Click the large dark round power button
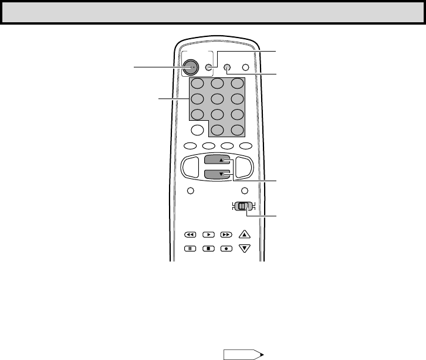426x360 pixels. pyautogui.click(x=191, y=67)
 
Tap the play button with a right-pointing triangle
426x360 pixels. pyautogui.click(x=208, y=234)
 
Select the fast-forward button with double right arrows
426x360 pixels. pyautogui.click(x=226, y=234)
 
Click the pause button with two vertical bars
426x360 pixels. pyautogui.click(x=190, y=248)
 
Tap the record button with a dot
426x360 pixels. pyautogui.click(x=226, y=248)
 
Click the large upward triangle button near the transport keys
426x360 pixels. pyautogui.click(x=245, y=235)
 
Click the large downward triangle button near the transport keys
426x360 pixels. pyautogui.click(x=245, y=248)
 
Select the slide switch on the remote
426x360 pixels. pyautogui.click(x=243, y=206)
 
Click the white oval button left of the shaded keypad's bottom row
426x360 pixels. pyautogui.click(x=198, y=130)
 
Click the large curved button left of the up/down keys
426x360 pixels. pyautogui.click(x=191, y=167)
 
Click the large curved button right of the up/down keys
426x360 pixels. pyautogui.click(x=244, y=167)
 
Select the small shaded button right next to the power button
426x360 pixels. pyautogui.click(x=208, y=67)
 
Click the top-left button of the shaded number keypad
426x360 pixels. pyautogui.click(x=198, y=84)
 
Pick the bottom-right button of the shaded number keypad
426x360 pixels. pyautogui.click(x=237, y=130)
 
